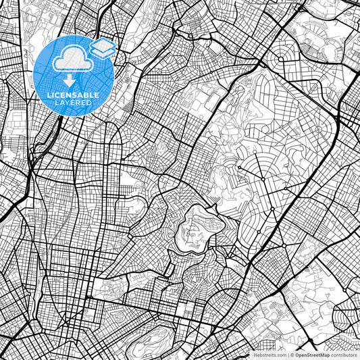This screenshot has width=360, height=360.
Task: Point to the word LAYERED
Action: click(x=72, y=103)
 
